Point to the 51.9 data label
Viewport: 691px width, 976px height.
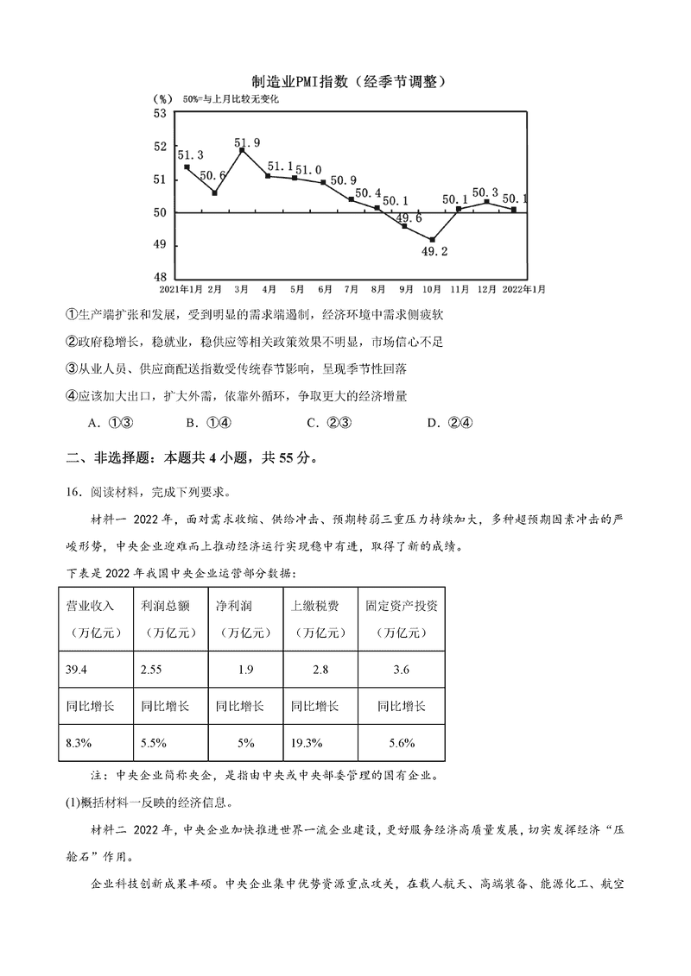(247, 142)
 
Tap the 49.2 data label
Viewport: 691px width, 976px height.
(434, 252)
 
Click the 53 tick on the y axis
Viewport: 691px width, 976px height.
(160, 113)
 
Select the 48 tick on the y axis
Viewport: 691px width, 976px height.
(160, 277)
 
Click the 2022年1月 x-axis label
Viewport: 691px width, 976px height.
(523, 288)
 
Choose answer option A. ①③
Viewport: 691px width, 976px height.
(108, 422)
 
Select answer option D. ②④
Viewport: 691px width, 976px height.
(447, 422)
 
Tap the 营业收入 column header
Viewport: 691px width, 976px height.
(91, 605)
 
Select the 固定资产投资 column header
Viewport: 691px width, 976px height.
(402, 605)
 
